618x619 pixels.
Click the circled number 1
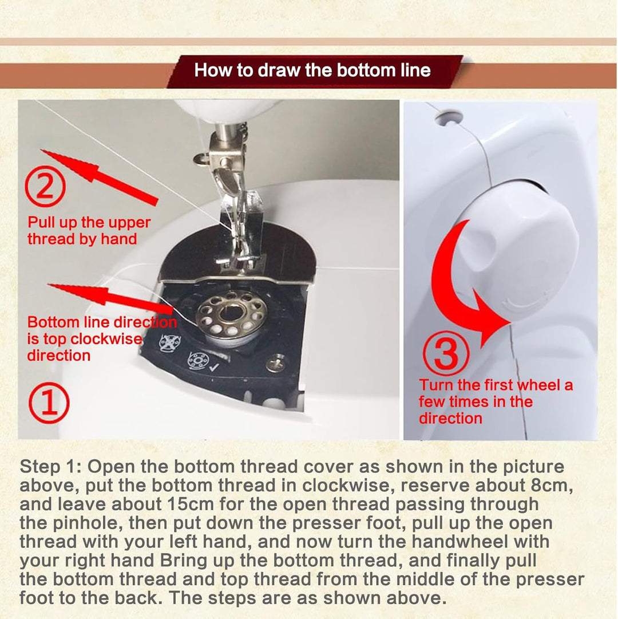pyautogui.click(x=49, y=403)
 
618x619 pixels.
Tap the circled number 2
pyautogui.click(x=45, y=186)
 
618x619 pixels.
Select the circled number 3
pyautogui.click(x=446, y=353)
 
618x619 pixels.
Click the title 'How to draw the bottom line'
pyautogui.click(x=312, y=70)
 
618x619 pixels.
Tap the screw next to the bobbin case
pyautogui.click(x=275, y=363)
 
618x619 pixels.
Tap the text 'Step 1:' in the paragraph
pyautogui.click(x=50, y=467)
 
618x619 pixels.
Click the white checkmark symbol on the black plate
pyautogui.click(x=214, y=368)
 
